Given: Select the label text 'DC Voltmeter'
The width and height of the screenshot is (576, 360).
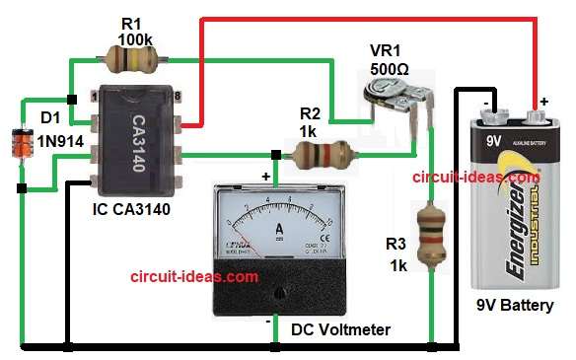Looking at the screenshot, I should pyautogui.click(x=340, y=329).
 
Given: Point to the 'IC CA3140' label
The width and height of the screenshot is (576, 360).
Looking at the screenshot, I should pyautogui.click(x=127, y=208).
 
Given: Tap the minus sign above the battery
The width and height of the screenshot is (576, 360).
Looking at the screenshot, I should pyautogui.click(x=485, y=101).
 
